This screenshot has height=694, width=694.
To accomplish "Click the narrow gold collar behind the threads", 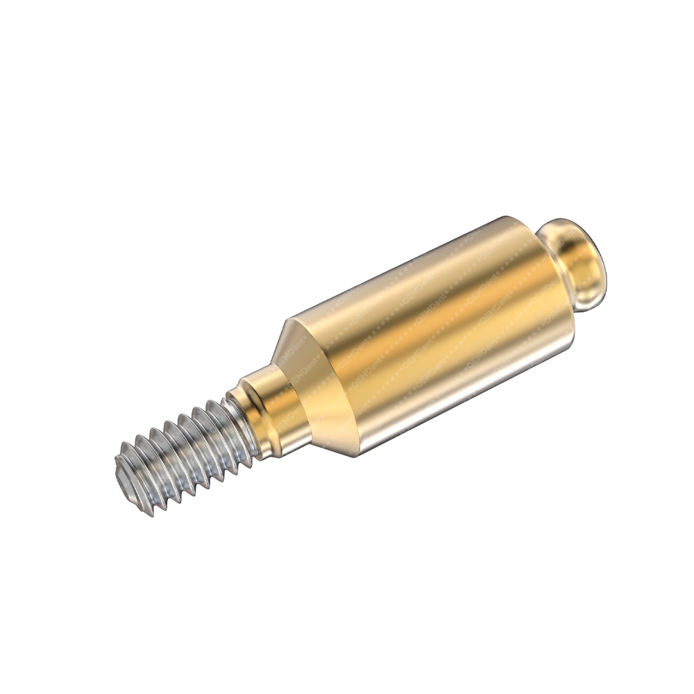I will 274,409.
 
